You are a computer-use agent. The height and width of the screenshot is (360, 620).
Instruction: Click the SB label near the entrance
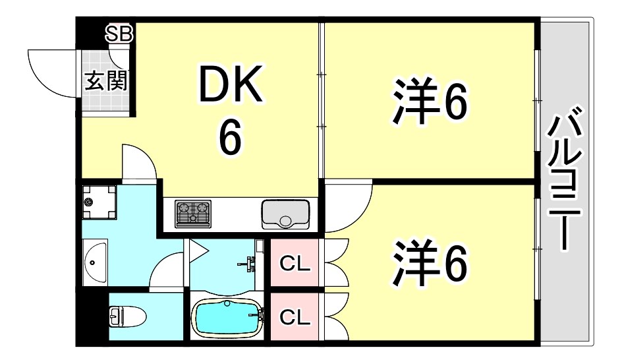point(120,35)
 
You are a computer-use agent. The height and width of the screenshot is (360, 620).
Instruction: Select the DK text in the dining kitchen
point(231,86)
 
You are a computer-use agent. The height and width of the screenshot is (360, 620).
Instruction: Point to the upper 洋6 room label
point(431,102)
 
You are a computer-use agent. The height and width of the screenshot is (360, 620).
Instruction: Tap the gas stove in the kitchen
point(192,212)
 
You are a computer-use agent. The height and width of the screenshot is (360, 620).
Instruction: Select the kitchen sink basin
point(285,212)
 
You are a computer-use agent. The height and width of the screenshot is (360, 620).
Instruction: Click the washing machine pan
point(99,202)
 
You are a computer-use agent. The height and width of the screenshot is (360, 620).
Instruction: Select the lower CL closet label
point(295,317)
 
